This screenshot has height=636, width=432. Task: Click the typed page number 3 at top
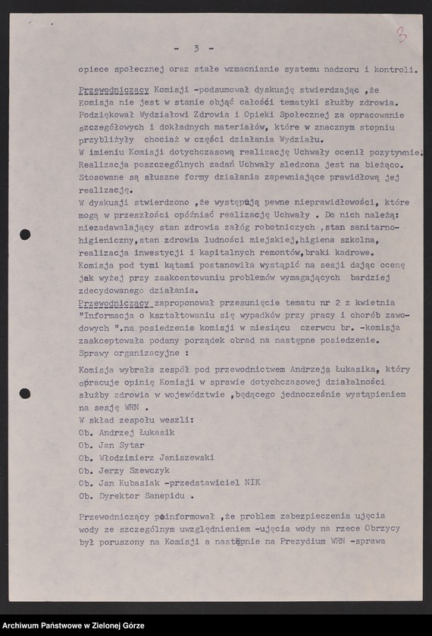click(x=196, y=48)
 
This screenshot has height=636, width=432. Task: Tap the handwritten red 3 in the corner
click(x=401, y=33)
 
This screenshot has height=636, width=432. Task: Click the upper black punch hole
click(x=25, y=234)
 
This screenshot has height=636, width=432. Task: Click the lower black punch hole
click(x=25, y=393)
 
